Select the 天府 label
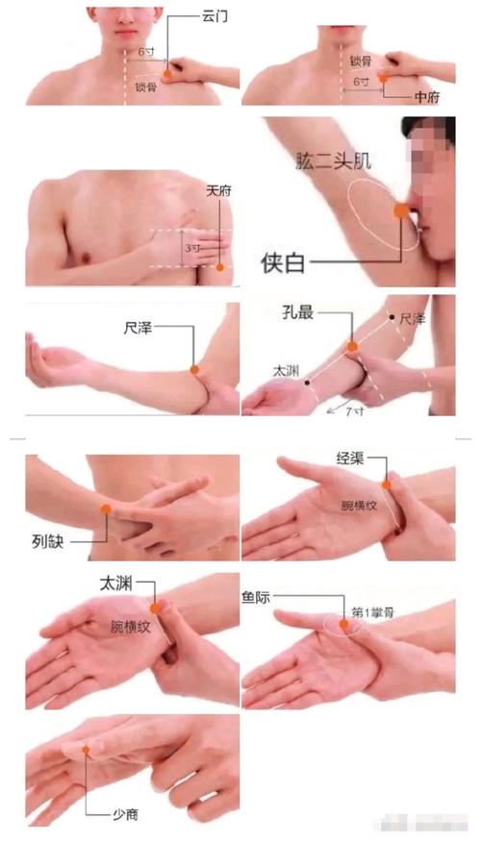[x=219, y=190]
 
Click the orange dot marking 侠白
[x=399, y=211]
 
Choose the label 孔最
[x=294, y=311]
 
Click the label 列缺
[x=47, y=542]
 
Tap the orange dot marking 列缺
[x=107, y=507]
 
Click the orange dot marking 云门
[x=167, y=71]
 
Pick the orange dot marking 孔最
[x=352, y=346]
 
